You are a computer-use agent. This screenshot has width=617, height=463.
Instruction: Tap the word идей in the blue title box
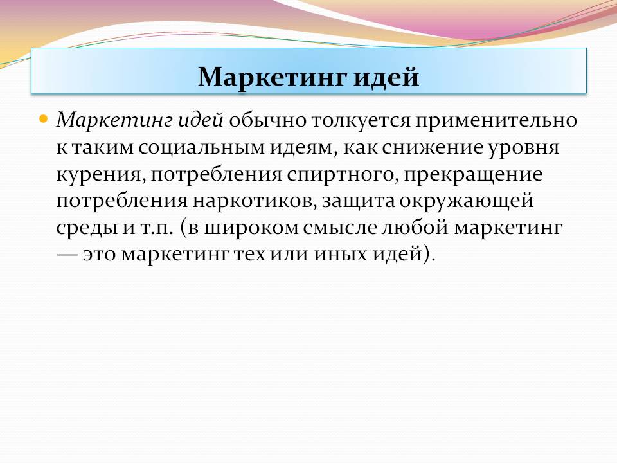coord(386,77)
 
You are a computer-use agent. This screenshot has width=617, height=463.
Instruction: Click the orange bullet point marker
coord(43,118)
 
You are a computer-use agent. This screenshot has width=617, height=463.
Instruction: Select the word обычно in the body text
coord(267,120)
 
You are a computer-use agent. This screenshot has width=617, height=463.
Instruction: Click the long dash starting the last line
coord(66,255)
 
